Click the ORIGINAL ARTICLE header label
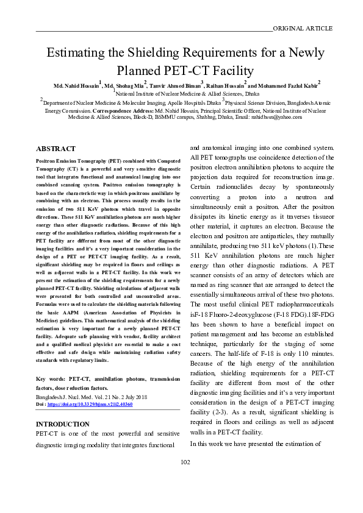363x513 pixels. click(x=303, y=28)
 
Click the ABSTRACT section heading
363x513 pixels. click(x=56, y=149)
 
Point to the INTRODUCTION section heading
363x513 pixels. click(x=63, y=424)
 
